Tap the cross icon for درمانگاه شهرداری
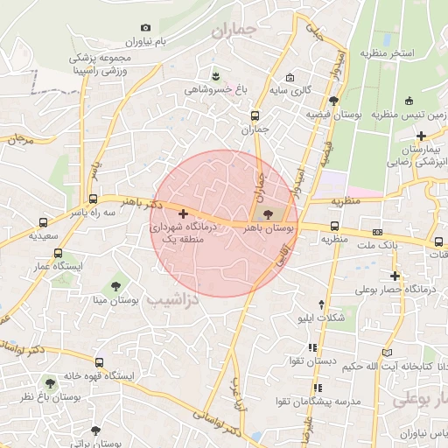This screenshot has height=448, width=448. pos(182,213)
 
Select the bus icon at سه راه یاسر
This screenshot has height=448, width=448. pos(93,199)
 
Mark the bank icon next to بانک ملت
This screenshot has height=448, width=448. pos(377,232)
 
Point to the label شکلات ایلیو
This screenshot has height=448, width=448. pos(332,318)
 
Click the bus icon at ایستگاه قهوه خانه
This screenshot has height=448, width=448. pos(101,361)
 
